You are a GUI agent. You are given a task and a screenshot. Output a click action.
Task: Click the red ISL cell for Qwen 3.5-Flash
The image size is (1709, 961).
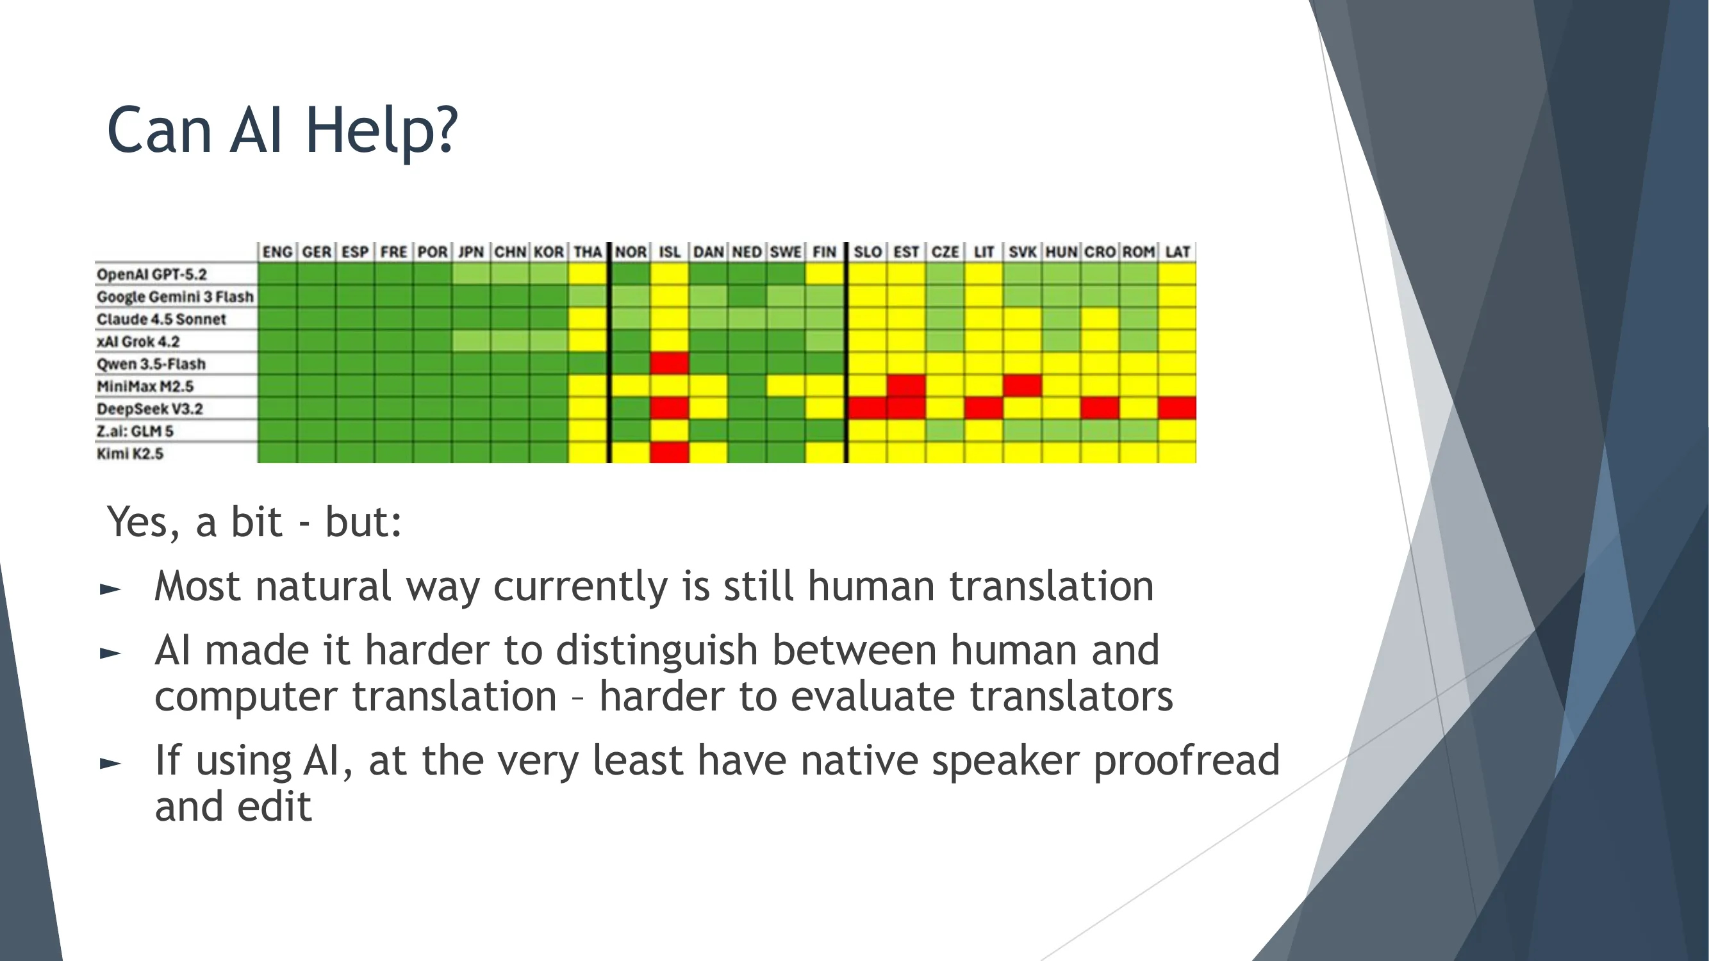(x=670, y=363)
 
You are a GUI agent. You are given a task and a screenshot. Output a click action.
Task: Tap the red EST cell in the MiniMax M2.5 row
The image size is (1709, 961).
(x=906, y=385)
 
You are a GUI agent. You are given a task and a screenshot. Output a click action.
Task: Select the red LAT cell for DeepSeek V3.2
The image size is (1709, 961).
(x=1178, y=408)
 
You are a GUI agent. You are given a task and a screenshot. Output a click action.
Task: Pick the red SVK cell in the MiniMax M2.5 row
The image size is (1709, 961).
(x=1022, y=385)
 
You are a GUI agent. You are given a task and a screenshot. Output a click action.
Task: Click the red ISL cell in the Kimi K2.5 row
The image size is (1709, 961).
(x=670, y=453)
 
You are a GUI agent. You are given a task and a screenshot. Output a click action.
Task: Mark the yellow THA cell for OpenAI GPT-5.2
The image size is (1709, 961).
(x=588, y=274)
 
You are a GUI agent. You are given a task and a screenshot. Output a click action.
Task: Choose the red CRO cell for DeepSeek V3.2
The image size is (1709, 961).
(x=1100, y=408)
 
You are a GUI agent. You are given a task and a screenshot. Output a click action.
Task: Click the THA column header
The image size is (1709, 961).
(x=588, y=252)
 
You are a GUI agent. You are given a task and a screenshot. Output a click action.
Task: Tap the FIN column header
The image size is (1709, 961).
(x=825, y=252)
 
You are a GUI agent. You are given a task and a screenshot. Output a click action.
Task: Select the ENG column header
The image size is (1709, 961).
(x=277, y=252)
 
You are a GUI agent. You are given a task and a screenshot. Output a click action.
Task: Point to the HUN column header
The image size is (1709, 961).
(x=1061, y=252)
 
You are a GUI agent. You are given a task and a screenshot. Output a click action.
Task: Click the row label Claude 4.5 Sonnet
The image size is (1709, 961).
(x=161, y=319)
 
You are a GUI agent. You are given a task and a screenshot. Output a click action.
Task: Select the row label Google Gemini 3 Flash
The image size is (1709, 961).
(x=175, y=297)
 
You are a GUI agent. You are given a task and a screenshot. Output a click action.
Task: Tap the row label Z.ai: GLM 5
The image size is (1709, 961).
(x=135, y=431)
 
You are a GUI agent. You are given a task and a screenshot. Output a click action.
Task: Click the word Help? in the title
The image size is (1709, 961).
(x=381, y=131)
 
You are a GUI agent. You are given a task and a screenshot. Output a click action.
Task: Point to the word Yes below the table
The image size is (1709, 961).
(x=142, y=523)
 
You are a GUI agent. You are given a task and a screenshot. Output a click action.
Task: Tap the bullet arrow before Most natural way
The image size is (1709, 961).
(x=110, y=589)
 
